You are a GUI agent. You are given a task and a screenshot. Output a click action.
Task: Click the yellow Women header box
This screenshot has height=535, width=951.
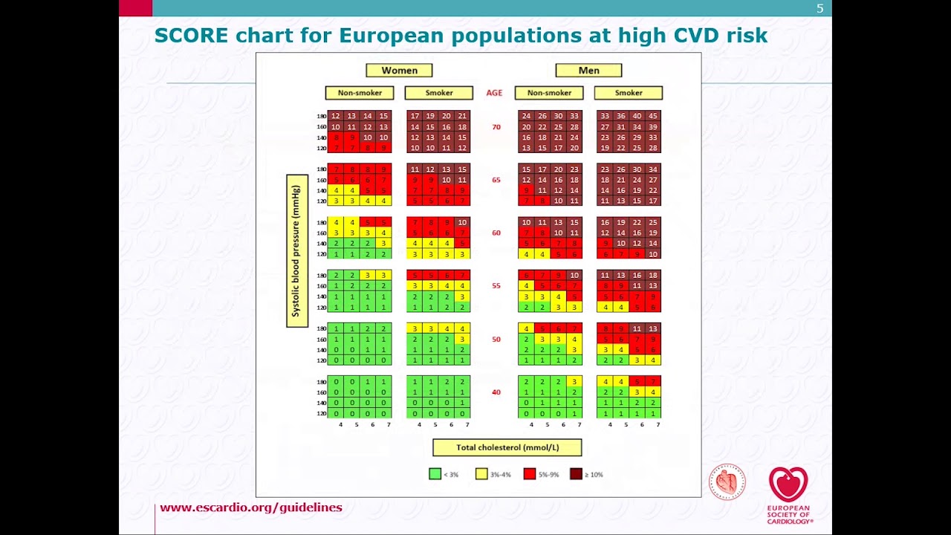point(399,71)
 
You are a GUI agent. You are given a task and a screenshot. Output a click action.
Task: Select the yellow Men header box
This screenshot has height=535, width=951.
point(588,71)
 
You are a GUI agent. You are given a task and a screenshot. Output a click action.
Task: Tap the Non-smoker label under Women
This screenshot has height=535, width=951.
point(360,93)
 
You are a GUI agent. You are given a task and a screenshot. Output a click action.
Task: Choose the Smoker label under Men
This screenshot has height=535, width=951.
point(629,93)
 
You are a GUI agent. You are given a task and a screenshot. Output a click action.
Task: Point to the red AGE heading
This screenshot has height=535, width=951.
point(494,93)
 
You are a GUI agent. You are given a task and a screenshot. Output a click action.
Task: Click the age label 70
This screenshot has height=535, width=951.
point(496,127)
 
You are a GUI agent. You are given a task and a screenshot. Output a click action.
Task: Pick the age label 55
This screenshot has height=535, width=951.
point(496,286)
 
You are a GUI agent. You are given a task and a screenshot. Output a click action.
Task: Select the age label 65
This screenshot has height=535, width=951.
point(496,180)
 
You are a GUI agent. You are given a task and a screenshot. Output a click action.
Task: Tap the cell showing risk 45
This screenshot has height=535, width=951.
point(653,116)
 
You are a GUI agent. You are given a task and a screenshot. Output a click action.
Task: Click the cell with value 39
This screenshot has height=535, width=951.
point(653,127)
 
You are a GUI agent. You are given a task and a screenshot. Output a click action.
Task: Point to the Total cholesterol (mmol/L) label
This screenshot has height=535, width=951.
point(507,447)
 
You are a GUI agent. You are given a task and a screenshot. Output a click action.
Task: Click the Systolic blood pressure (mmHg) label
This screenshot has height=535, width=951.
point(296,251)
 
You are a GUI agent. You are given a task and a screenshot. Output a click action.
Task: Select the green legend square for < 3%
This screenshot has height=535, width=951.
point(435,474)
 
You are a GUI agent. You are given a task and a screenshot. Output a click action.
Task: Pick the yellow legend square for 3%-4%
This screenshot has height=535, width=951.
point(481,474)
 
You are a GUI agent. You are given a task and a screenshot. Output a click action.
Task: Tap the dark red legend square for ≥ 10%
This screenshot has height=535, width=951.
point(576,474)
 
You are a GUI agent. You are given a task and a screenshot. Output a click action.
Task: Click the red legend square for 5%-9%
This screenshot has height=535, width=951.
point(530,474)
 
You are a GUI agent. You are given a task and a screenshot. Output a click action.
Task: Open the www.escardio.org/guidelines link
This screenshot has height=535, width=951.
point(251,508)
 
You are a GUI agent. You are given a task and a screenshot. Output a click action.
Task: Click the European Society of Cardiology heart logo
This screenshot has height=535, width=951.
point(788,484)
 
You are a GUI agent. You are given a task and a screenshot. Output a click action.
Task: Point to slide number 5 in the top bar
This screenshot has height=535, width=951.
point(820,9)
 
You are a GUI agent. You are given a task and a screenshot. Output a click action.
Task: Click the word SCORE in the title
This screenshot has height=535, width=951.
point(192,36)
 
